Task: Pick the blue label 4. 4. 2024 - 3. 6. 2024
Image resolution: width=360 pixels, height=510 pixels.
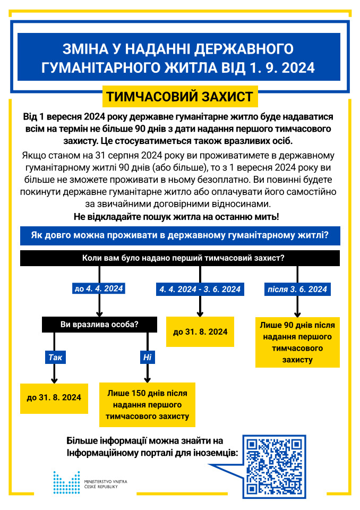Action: coord(200,289)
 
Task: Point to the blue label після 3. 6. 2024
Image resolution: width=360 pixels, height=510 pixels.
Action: coord(297,289)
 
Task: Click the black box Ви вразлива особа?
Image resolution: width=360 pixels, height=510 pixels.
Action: coord(100,324)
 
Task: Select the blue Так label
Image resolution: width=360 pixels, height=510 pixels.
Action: coord(55,357)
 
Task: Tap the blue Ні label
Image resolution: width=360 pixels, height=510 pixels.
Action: coord(147,357)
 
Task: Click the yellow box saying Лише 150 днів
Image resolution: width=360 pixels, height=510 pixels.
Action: coord(148,405)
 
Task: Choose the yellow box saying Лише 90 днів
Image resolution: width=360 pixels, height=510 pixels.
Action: coord(297,342)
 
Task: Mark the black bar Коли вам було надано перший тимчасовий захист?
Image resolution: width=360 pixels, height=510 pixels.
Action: coord(180,258)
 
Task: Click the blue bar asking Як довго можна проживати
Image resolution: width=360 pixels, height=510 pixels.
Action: coord(180,235)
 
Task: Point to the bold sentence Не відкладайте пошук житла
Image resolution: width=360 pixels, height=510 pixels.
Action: coord(180,216)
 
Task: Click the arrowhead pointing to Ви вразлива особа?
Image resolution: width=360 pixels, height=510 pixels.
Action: coord(99,313)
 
